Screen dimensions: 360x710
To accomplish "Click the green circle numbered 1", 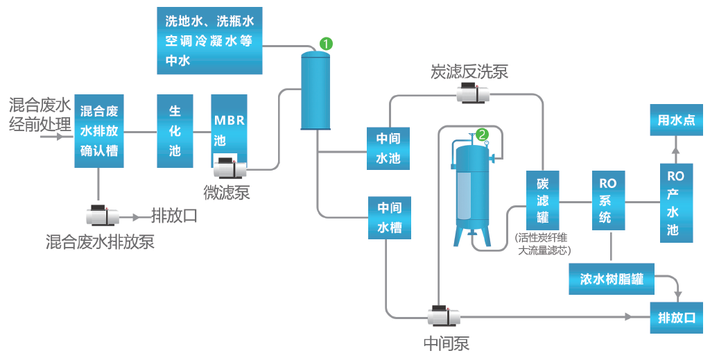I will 326,44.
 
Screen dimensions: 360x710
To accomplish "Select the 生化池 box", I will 175,130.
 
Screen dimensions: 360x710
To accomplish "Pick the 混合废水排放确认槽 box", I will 99,130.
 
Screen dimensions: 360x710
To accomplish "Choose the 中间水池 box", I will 388,148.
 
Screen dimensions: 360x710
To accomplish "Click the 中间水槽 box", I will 389,217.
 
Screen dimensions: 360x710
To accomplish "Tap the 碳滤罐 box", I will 542,201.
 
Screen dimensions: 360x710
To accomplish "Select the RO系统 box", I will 607,201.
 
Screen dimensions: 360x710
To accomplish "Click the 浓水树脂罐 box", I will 612,280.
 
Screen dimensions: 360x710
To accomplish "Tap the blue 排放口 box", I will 676,318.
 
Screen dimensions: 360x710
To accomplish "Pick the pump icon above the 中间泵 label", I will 444,316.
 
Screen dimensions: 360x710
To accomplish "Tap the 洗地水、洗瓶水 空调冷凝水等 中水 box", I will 209,40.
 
